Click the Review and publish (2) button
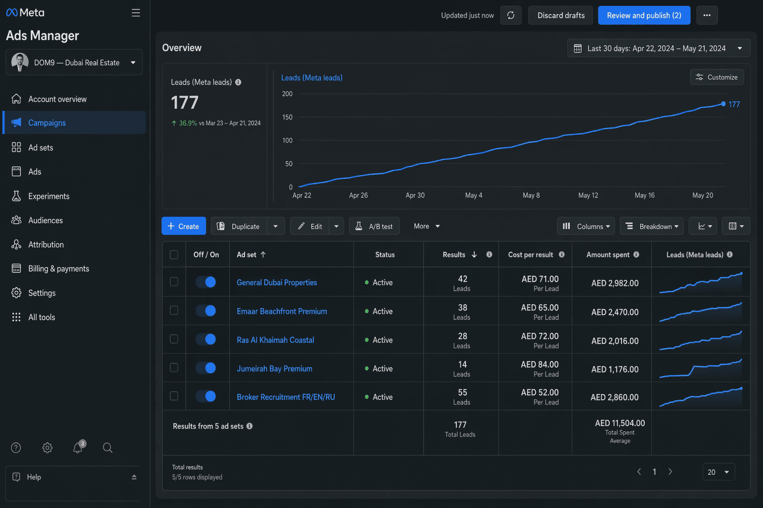tap(644, 15)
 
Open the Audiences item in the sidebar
tap(45, 220)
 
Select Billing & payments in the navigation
tap(58, 268)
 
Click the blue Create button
tap(183, 226)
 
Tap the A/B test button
tap(374, 226)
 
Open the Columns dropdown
tap(586, 226)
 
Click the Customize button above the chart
tap(716, 77)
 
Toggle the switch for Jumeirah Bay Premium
tap(206, 368)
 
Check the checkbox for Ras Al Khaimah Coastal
tap(174, 339)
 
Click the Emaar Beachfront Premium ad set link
tap(282, 311)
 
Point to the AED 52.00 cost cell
tap(539, 392)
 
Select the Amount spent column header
tap(608, 254)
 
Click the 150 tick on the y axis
tap(287, 117)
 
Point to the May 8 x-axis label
tap(531, 195)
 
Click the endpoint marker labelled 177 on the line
tap(723, 104)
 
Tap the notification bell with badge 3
tap(78, 447)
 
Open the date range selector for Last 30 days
tap(658, 48)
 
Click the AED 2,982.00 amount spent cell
tap(614, 283)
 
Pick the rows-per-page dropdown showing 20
tap(718, 472)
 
